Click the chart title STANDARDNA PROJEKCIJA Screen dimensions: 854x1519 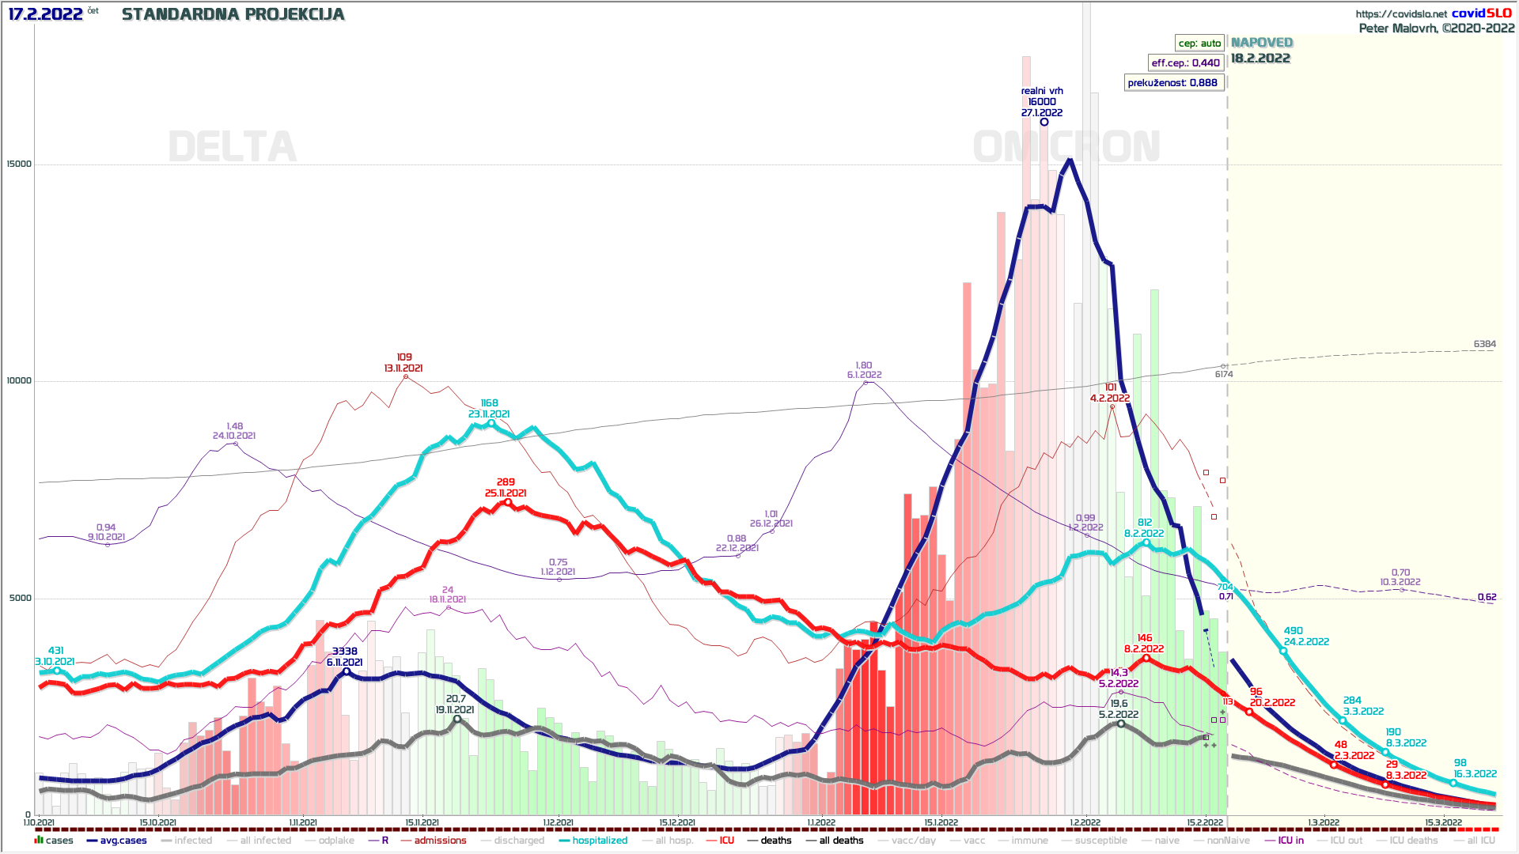pos(233,15)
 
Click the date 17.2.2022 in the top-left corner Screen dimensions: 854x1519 pos(45,14)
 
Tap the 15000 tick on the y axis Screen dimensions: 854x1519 pos(19,164)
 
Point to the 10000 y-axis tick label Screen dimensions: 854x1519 pos(19,381)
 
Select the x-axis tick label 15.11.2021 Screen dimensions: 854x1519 pos(422,823)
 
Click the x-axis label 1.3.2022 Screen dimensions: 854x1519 pos(1323,823)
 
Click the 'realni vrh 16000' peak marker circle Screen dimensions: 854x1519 pos(1044,122)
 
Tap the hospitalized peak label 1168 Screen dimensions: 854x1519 pos(489,403)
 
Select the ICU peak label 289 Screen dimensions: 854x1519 pos(506,482)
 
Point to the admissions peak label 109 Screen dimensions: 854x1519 pos(404,357)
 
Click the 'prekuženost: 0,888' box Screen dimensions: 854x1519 pos(1172,83)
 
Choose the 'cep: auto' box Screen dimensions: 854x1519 pos(1199,43)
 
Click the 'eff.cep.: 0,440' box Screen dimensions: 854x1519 pos(1185,63)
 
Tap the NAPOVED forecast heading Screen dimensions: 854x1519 pos(1262,43)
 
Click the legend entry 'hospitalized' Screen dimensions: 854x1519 pos(600,841)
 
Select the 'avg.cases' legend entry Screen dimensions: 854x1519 pos(123,841)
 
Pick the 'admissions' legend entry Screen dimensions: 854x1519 pos(440,841)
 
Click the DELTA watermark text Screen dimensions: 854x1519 pos(233,148)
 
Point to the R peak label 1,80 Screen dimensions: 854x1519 pos(864,366)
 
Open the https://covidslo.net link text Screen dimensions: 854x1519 pos(1401,14)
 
